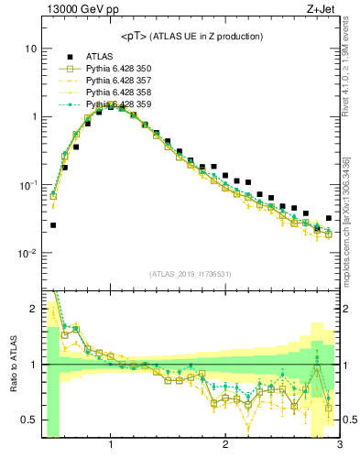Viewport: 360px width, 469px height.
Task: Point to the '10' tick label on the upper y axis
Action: [30, 48]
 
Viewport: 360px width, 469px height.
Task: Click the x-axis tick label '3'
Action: [339, 446]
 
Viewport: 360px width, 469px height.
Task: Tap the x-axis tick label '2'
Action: [225, 446]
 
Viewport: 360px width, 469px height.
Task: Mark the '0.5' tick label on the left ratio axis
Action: [27, 420]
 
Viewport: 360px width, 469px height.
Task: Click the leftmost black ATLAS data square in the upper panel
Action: [53, 224]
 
